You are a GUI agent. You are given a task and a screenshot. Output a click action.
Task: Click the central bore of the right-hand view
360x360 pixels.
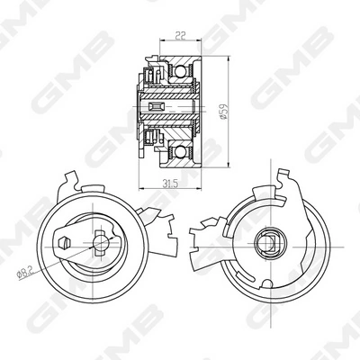click(267, 241)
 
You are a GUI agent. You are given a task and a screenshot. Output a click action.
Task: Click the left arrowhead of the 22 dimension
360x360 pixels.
click(162, 41)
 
